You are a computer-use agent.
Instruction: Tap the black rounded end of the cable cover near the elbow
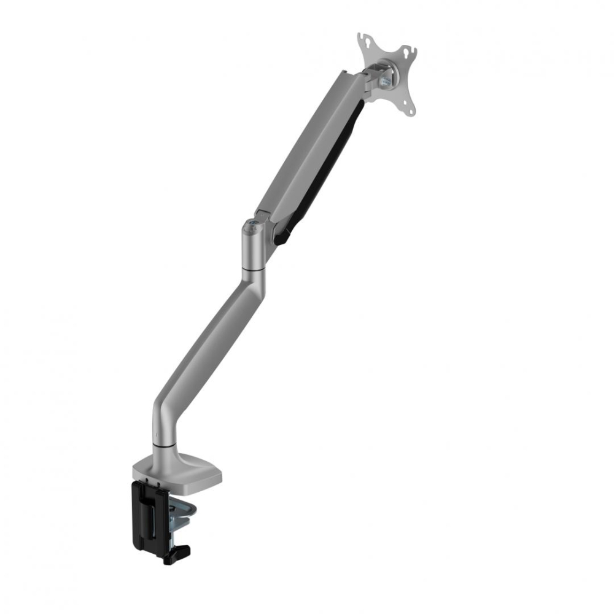[282, 236]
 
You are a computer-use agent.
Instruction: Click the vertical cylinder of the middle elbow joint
[253, 249]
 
